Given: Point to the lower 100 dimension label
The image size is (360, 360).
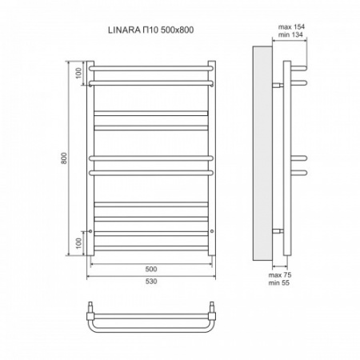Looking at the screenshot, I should (79, 242).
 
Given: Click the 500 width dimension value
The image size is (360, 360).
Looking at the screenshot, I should (151, 269).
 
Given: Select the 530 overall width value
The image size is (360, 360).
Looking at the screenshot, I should (151, 282).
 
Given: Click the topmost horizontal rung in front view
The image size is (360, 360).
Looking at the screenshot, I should (151, 65).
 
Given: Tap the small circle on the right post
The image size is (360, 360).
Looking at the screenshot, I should (212, 231).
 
